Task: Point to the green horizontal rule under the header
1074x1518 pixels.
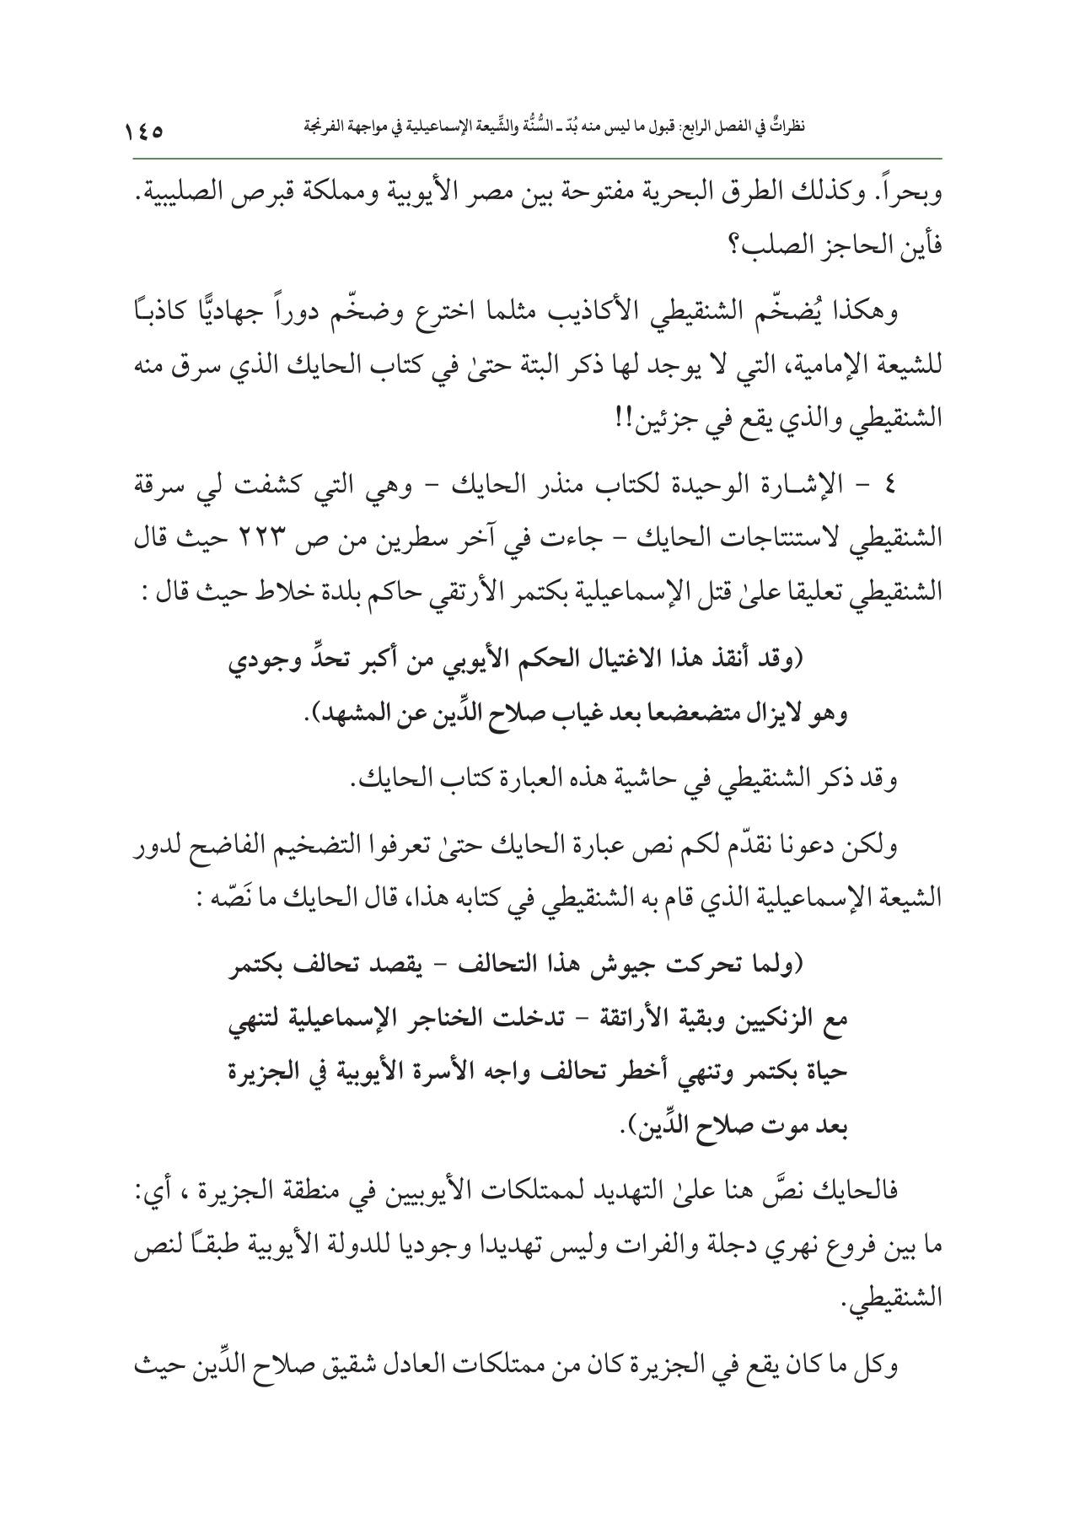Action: point(537,158)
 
